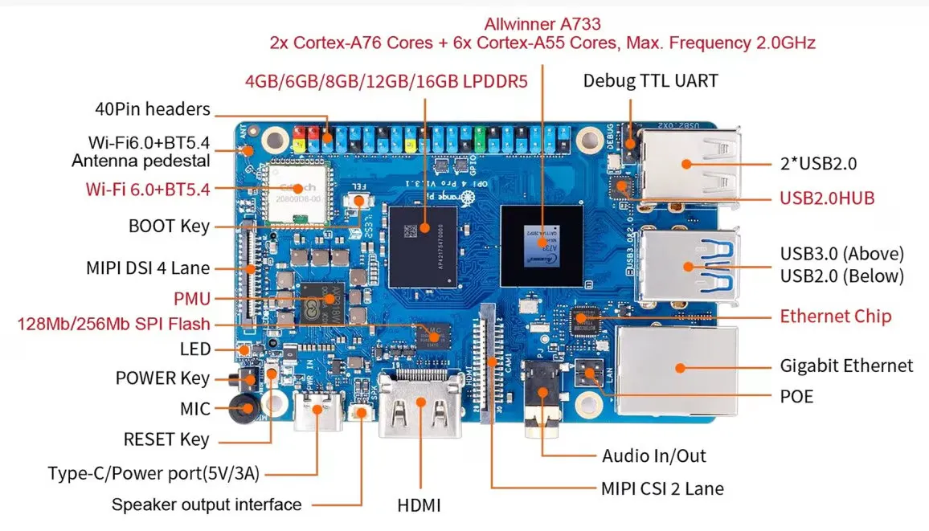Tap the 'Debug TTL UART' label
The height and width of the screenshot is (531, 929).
click(650, 80)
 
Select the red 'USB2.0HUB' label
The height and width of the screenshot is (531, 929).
click(827, 198)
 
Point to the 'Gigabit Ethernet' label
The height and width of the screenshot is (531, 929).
click(846, 366)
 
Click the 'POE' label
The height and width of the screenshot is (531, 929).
click(796, 396)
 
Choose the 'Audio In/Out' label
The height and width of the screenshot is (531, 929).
click(653, 456)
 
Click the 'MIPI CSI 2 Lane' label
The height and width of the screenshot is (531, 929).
click(662, 488)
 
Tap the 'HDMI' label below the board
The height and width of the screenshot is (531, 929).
click(419, 506)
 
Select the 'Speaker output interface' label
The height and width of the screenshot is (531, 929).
click(207, 504)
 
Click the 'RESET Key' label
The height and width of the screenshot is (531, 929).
click(166, 439)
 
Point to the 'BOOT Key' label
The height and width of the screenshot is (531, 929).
click(169, 226)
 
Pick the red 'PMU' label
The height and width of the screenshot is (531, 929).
click(192, 299)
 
